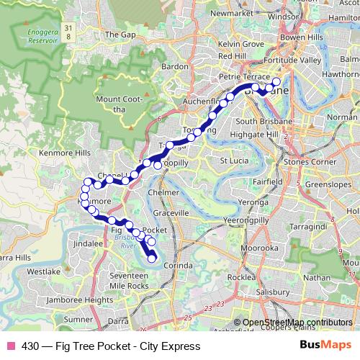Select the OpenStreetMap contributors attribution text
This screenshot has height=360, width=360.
click(x=297, y=322)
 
